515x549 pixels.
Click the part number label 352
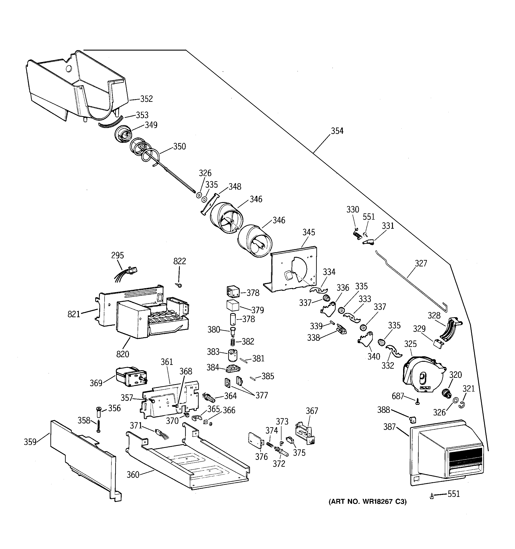point(146,99)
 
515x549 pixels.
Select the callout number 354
point(337,131)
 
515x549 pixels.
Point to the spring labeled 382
point(233,342)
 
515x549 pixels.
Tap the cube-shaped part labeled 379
point(233,306)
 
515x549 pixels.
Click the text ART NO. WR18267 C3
point(367,502)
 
